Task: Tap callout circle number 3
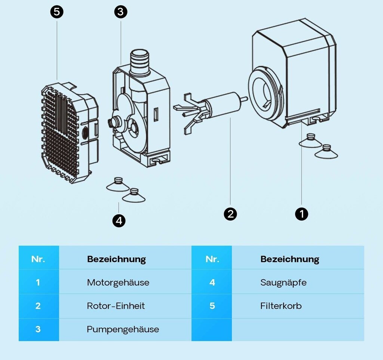click(120, 12)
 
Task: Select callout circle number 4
click(119, 221)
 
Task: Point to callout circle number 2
click(230, 214)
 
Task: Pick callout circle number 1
click(301, 214)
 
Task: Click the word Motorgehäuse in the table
click(118, 283)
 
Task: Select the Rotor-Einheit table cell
click(116, 306)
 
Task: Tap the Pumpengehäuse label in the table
click(123, 329)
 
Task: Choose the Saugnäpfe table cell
click(283, 283)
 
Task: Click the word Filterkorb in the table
click(281, 306)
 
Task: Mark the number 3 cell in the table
click(38, 329)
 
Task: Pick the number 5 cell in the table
click(212, 306)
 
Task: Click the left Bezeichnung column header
click(116, 259)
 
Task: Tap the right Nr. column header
click(212, 259)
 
